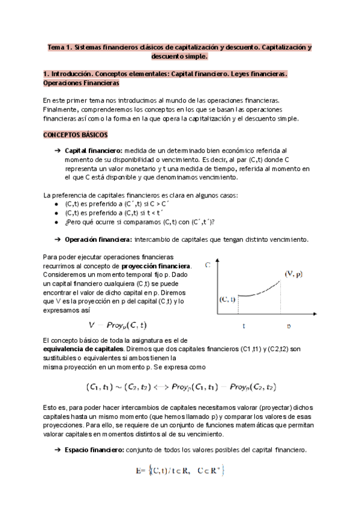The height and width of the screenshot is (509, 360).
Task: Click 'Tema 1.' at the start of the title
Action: (x=60, y=47)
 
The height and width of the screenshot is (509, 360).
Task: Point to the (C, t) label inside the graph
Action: (x=227, y=298)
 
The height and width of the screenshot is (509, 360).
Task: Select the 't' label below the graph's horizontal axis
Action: (x=244, y=326)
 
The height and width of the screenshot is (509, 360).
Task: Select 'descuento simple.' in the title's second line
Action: (x=180, y=56)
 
